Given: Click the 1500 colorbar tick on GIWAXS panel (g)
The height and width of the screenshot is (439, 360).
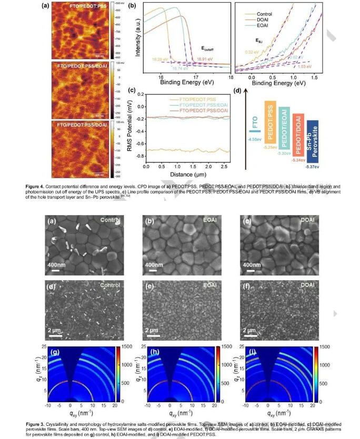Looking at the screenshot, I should (x=131, y=348).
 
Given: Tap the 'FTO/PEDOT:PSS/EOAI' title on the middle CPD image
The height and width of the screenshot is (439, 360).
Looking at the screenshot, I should (x=84, y=66).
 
